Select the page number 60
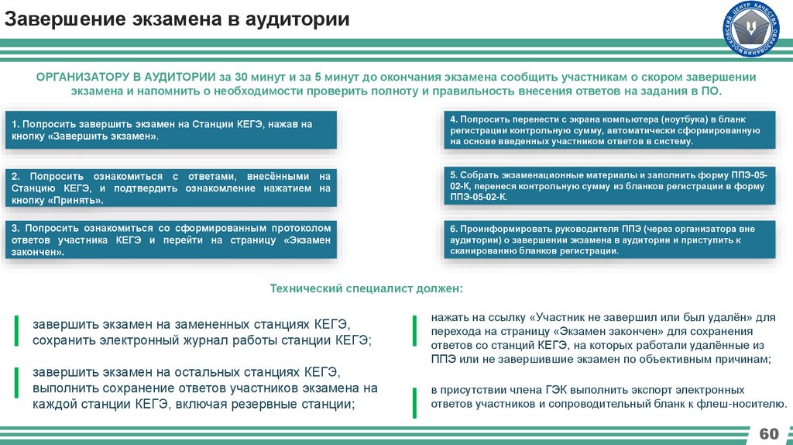[768, 432]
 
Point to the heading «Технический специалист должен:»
[366, 288]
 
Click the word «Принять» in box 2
[76, 200]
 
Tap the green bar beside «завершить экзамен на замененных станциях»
[17, 331]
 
